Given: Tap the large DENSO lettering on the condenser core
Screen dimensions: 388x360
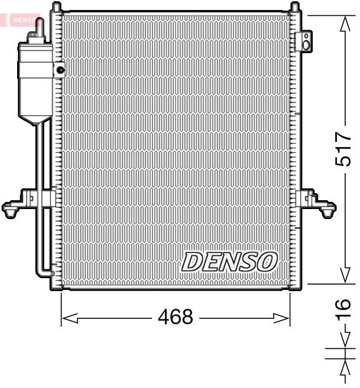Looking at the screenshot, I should click(229, 261).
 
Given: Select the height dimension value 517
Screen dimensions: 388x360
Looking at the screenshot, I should click(344, 149).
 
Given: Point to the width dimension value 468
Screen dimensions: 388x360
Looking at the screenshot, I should click(176, 318).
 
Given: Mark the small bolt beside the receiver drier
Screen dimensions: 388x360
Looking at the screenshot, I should click(60, 70).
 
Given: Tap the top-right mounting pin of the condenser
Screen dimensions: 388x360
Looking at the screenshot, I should click(293, 8).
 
